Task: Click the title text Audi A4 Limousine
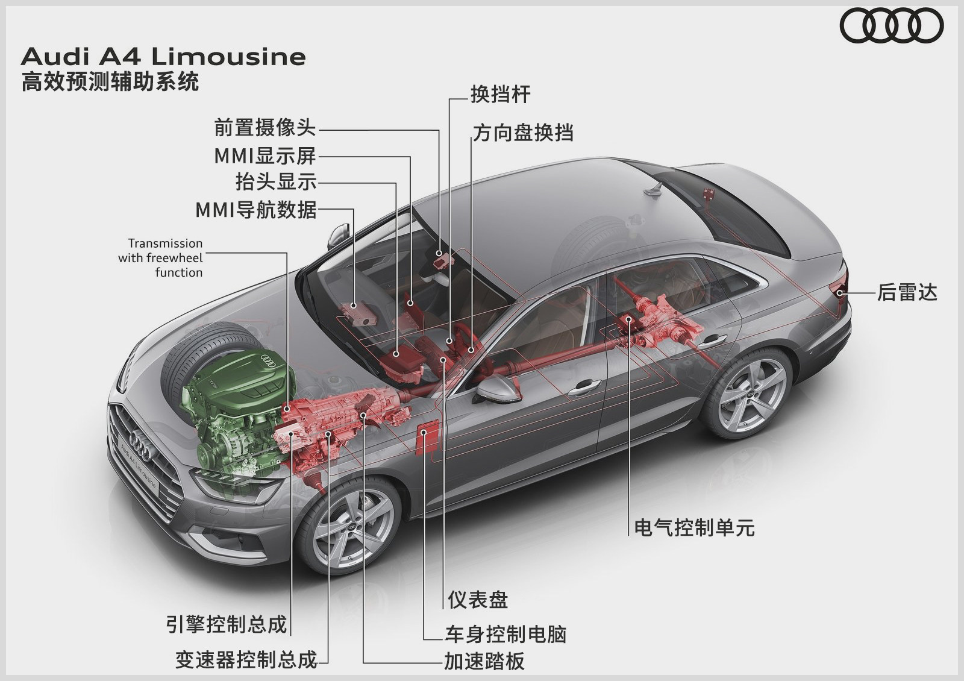tap(163, 57)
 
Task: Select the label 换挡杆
tap(500, 95)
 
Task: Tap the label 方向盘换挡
tap(522, 133)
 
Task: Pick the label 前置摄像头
tap(264, 128)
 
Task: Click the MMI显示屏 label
tap(264, 155)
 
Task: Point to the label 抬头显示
tap(275, 181)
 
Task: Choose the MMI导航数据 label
tap(255, 210)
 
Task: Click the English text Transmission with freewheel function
tap(161, 258)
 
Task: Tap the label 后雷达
tap(907, 292)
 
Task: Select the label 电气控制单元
tap(694, 528)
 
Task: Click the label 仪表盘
tap(478, 600)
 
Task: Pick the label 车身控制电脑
tap(505, 634)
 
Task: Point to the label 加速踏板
tap(484, 661)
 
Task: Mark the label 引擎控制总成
tap(226, 624)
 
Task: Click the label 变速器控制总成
tap(246, 660)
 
